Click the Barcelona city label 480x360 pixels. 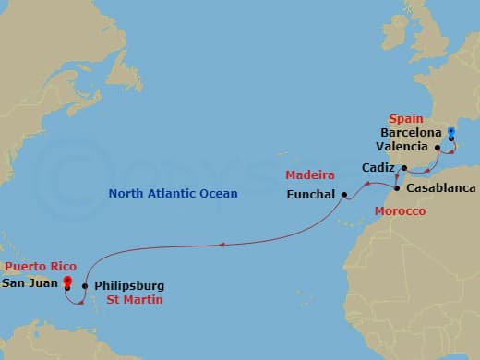click(408, 133)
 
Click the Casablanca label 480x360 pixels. click(439, 188)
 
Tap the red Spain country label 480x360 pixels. click(405, 119)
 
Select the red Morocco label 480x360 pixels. click(400, 211)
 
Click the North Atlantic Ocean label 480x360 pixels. click(173, 194)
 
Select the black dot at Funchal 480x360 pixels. click(343, 195)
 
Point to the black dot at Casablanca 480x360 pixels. click(398, 188)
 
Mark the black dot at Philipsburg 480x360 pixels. click(85, 285)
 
